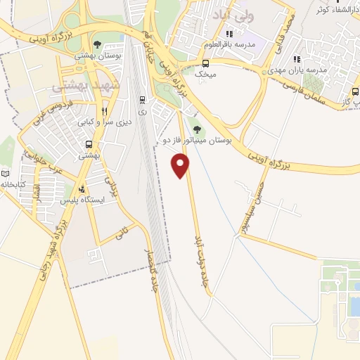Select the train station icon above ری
click(x=143, y=100)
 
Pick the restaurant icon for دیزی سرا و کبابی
click(x=105, y=110)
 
